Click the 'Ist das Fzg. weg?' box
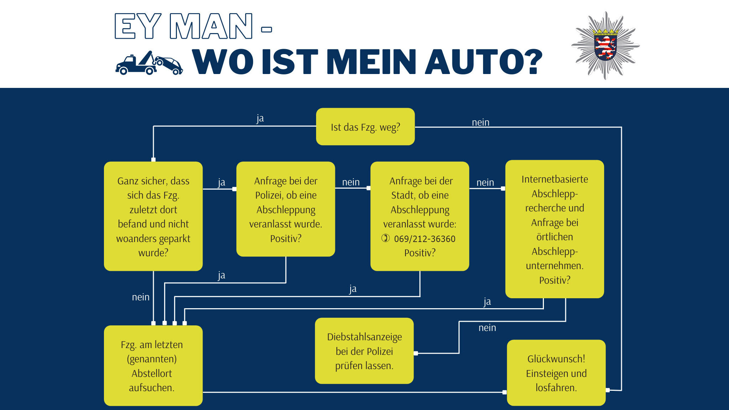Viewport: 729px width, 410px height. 365,127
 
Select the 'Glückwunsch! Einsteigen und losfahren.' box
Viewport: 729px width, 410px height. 556,373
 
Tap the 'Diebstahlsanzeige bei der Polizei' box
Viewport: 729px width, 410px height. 364,351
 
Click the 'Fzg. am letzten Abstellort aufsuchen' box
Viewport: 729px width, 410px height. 153,366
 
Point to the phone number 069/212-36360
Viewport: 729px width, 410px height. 425,239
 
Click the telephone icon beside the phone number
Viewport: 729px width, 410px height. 386,238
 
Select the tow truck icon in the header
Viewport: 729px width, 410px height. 149,63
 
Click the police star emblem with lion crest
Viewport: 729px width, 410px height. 605,46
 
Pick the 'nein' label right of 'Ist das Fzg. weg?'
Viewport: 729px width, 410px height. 481,122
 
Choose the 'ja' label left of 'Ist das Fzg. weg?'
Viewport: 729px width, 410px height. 260,118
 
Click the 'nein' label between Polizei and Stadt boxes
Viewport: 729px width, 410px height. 351,182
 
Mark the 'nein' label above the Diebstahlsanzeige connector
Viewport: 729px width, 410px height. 487,328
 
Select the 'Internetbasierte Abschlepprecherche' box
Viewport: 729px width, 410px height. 555,229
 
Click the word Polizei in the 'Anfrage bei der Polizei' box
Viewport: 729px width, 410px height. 268,195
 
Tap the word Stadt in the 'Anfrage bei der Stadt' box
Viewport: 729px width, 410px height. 402,195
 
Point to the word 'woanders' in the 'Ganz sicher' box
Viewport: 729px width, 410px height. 135,239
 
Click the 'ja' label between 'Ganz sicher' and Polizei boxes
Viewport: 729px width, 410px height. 221,183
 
